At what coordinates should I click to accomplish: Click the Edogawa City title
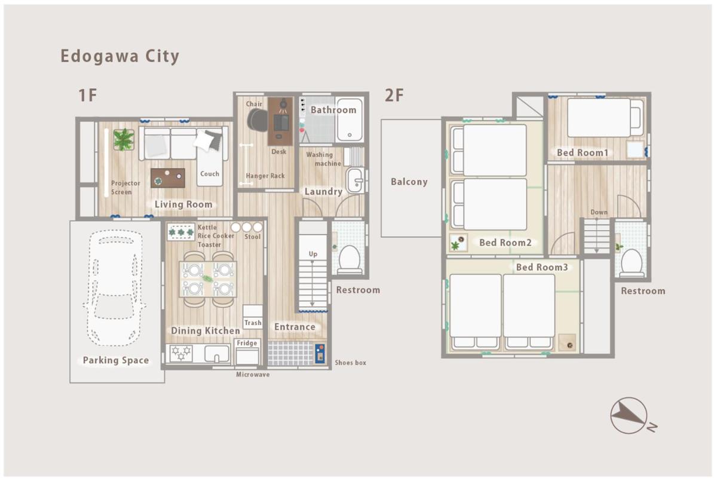point(120,57)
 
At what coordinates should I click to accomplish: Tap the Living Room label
point(183,204)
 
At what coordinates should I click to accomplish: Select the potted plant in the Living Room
point(124,139)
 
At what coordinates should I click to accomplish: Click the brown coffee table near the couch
point(168,178)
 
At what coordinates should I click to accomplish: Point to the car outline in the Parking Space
point(115,288)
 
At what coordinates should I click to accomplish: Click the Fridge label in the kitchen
point(247,343)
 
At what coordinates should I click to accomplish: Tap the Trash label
point(253,323)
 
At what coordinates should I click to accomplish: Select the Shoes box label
point(351,363)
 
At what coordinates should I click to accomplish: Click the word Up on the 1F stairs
point(313,254)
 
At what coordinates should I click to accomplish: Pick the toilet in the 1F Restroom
point(349,259)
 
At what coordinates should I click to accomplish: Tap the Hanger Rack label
point(265,176)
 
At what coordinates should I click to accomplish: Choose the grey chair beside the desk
point(258,120)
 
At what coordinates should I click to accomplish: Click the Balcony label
point(409,182)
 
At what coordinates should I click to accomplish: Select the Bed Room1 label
point(583,152)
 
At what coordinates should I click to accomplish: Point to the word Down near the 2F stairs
point(599,212)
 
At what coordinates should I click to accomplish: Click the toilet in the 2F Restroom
point(632,263)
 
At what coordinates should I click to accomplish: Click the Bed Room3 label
point(542,267)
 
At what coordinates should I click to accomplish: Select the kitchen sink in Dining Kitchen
point(217,354)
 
